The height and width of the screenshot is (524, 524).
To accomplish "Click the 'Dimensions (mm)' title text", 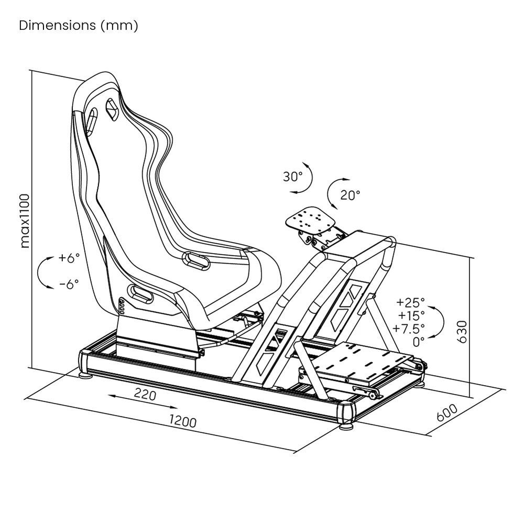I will [79, 26].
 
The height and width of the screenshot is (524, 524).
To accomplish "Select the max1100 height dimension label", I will [24, 220].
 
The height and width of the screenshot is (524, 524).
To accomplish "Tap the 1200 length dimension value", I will [182, 421].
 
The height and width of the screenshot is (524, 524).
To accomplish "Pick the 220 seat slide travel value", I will [145, 394].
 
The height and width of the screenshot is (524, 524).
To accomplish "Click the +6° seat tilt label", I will [69, 258].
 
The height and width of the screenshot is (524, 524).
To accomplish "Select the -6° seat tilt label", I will [69, 284].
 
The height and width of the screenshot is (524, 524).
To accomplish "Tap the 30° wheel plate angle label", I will [293, 177].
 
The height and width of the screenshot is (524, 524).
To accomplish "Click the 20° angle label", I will [350, 195].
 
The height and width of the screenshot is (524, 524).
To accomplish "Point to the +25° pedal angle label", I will [411, 302].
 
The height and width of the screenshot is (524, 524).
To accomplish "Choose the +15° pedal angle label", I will [411, 315].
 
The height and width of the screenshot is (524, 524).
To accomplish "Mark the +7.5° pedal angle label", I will [409, 329].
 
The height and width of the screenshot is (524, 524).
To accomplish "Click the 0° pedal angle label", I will [419, 342].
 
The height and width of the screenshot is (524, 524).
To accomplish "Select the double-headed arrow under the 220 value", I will [143, 402].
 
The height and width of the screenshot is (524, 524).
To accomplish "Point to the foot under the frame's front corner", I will [346, 427].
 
